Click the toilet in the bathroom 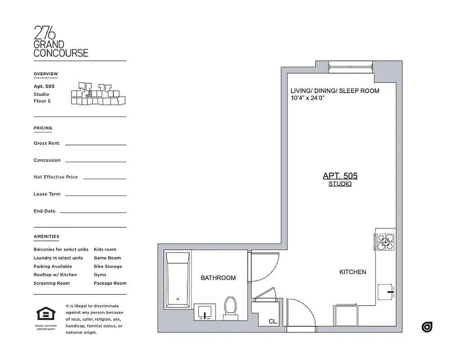coord(231,308)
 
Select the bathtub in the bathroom coord(178,283)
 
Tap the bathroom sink coord(205,311)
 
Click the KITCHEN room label coord(353,272)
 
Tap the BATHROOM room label coord(218,278)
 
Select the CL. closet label coord(273,322)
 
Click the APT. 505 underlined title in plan coord(340,176)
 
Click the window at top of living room coord(350,66)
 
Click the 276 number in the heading coord(45,33)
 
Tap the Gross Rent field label coord(46,143)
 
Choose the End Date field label coord(44,211)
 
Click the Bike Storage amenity coord(108,266)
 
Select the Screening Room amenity coord(51,283)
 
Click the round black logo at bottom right coord(427,327)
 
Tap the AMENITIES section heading coord(46,236)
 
